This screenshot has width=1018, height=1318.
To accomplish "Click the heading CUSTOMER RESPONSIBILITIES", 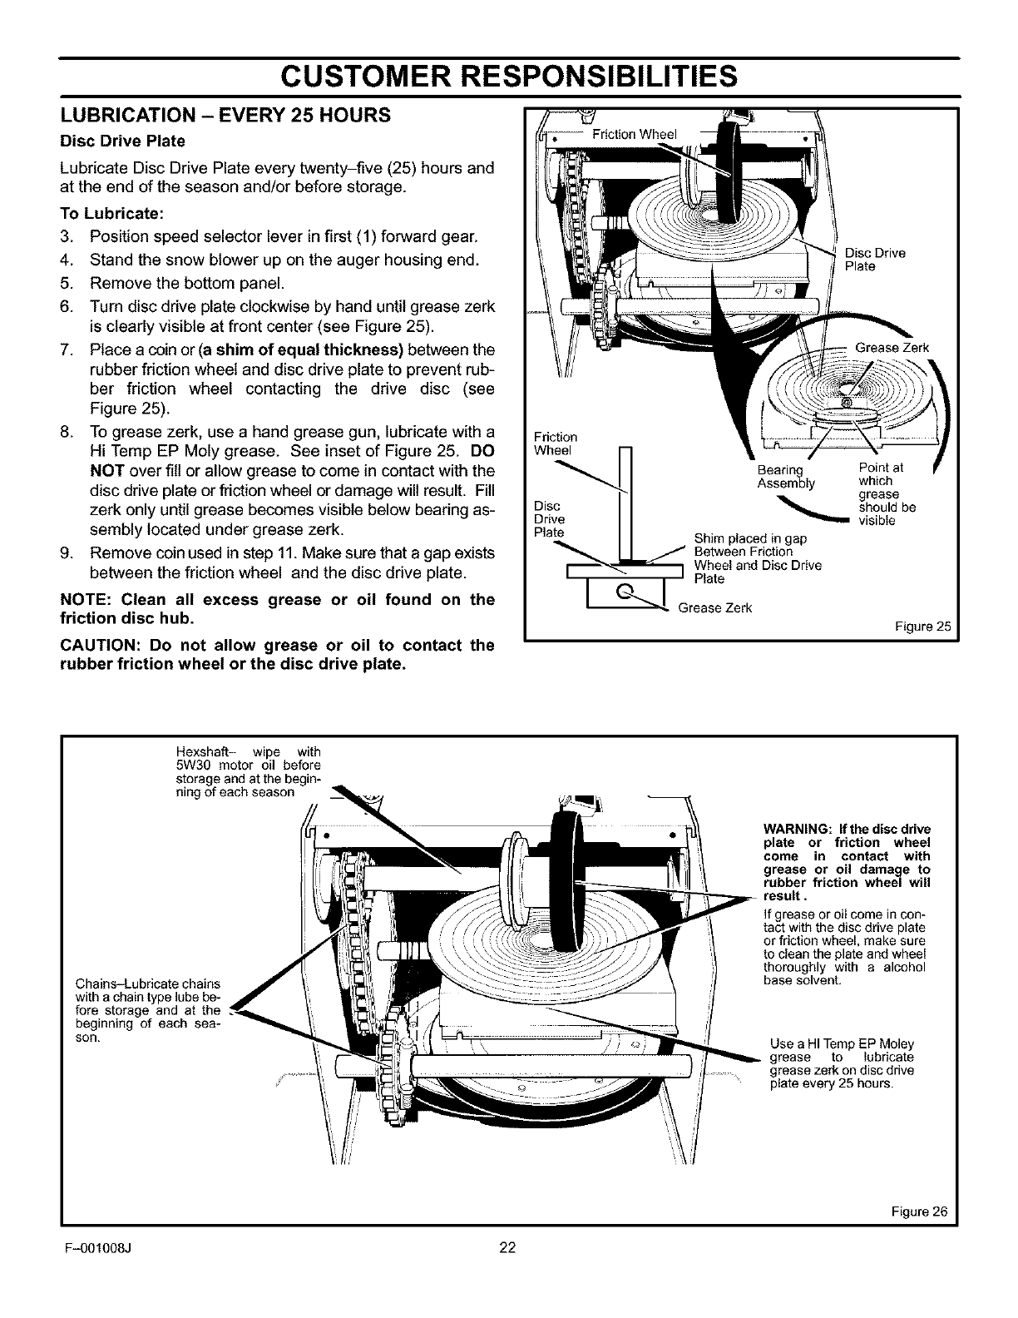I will click(x=508, y=76).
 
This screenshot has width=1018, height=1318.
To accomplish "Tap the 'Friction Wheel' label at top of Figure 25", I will click(x=635, y=135).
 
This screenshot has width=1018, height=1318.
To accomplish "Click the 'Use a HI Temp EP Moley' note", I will click(x=842, y=1044).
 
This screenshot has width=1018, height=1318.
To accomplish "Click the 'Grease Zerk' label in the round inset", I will click(x=892, y=349).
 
